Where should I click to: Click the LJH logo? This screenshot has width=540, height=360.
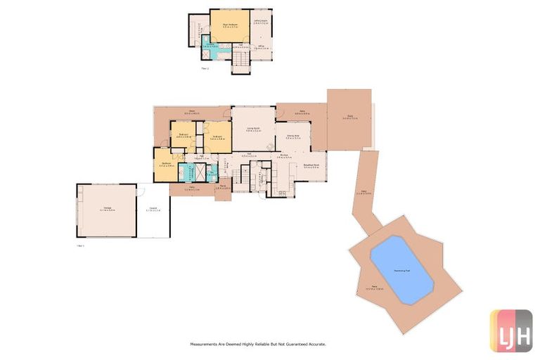[511, 329]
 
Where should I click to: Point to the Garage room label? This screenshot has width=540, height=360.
[107, 208]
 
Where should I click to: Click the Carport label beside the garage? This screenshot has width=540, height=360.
[153, 209]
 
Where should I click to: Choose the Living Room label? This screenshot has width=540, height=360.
[253, 129]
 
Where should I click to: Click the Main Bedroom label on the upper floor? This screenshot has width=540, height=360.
[230, 26]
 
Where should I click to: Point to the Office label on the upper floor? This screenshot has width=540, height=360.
[260, 47]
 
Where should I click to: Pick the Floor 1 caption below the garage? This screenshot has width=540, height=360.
[80, 246]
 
